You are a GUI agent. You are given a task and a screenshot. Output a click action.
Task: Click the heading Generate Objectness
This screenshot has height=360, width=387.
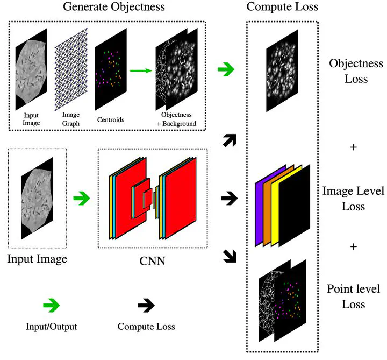(x=114, y=6)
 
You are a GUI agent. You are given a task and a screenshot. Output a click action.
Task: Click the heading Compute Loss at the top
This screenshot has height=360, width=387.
(x=282, y=6)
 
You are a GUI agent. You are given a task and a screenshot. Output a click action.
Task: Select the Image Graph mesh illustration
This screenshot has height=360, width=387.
(x=71, y=69)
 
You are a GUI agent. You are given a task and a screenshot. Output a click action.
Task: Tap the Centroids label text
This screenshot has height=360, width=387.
(x=111, y=120)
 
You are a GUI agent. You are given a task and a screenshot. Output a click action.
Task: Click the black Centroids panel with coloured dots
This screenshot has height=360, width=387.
(x=111, y=69)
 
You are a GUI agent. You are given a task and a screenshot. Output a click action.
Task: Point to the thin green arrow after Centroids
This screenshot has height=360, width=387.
(x=141, y=70)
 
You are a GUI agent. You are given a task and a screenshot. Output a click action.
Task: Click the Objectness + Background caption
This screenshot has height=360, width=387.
(x=176, y=119)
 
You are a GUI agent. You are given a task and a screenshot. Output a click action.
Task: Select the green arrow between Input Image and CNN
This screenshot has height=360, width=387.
(x=82, y=198)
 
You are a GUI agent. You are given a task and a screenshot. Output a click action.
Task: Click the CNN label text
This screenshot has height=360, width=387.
(x=152, y=261)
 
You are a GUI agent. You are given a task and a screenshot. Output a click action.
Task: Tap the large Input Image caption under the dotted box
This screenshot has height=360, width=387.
(x=37, y=259)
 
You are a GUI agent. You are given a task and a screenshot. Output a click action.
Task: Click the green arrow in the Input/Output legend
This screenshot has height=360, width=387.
(x=52, y=306)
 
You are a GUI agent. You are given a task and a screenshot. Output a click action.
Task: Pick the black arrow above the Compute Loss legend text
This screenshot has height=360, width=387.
(x=146, y=306)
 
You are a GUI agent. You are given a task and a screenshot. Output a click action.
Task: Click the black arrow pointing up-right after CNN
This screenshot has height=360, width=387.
(x=230, y=140)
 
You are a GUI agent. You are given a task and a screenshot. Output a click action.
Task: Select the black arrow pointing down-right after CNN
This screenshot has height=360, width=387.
(x=230, y=256)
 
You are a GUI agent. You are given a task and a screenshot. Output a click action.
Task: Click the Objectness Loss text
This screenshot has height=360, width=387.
(x=356, y=71)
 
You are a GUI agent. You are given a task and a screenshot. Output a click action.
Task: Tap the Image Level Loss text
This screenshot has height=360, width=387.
(x=354, y=199)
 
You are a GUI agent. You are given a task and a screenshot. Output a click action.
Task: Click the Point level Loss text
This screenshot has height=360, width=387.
(x=354, y=297)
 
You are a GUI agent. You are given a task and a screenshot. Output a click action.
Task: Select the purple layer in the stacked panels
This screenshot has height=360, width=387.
(x=259, y=213)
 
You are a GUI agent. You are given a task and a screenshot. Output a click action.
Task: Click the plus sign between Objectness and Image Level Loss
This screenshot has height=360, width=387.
(x=354, y=147)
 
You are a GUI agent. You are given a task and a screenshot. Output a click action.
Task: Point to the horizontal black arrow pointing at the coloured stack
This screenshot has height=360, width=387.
(x=230, y=198)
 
